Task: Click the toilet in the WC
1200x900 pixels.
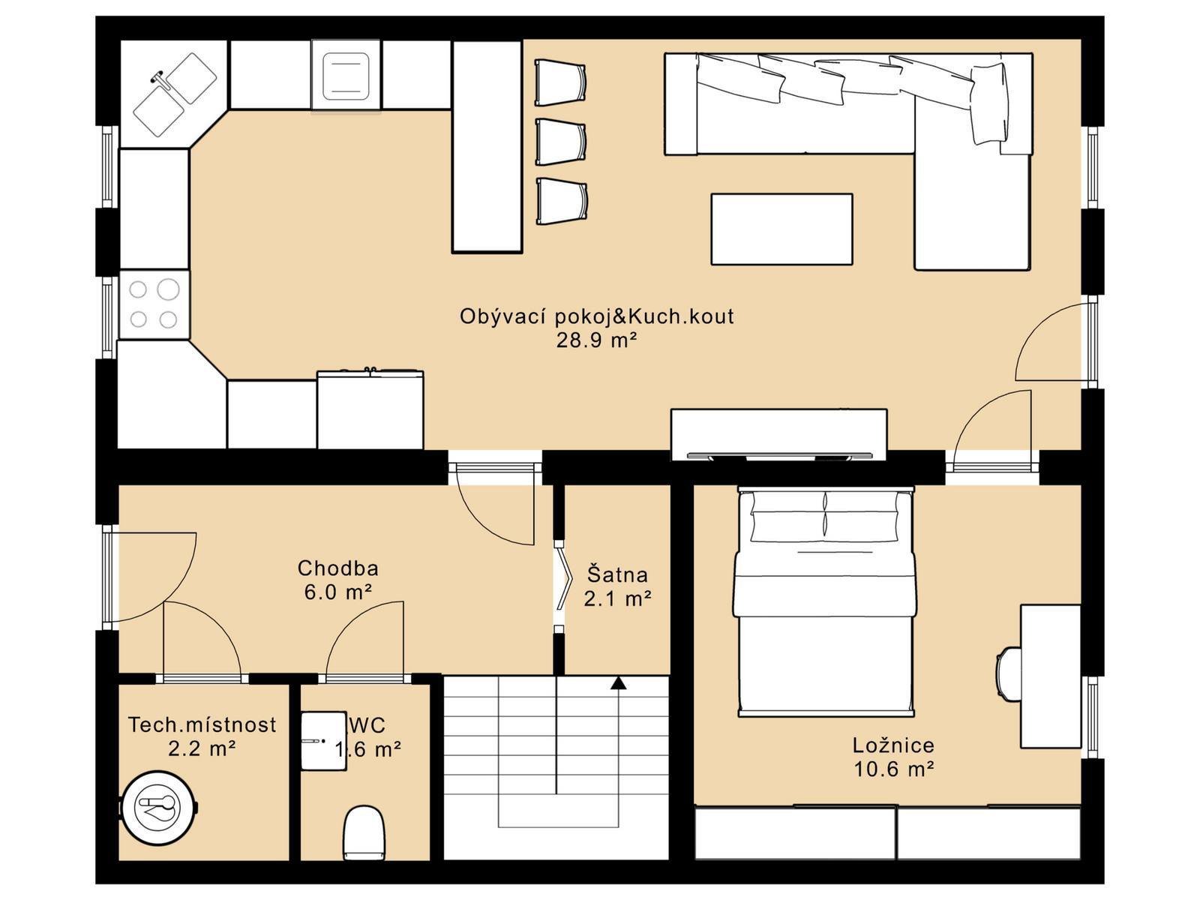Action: click(364, 832)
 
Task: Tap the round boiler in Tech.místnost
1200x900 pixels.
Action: click(158, 806)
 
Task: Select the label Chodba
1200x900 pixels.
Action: click(337, 568)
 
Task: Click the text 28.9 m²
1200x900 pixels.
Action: click(596, 340)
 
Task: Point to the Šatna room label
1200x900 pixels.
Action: click(617, 574)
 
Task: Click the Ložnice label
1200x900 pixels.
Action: click(893, 745)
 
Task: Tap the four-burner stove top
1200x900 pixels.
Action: click(154, 304)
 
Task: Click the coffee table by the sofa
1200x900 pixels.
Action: click(781, 229)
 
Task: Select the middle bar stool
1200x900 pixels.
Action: click(561, 142)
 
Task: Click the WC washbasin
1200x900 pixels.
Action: click(324, 741)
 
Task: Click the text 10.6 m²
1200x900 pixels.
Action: click(893, 769)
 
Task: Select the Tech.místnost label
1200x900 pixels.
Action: click(202, 724)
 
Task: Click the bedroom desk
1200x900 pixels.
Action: click(1050, 676)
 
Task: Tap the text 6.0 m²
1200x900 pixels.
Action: click(337, 592)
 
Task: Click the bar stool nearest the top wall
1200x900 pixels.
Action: click(561, 83)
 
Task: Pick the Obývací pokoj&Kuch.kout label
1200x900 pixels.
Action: click(596, 316)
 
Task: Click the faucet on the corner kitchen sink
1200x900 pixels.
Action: click(162, 79)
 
